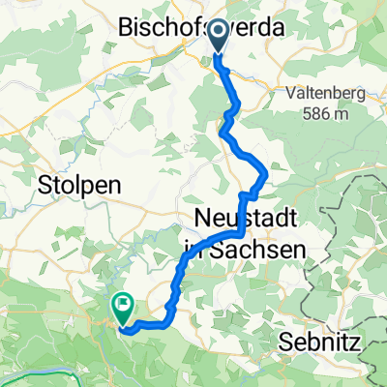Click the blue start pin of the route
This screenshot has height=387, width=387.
pyautogui.click(x=217, y=37)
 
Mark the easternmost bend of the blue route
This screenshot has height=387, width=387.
pyautogui.click(x=266, y=176)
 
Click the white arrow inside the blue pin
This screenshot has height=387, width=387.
pyautogui.click(x=217, y=35)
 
